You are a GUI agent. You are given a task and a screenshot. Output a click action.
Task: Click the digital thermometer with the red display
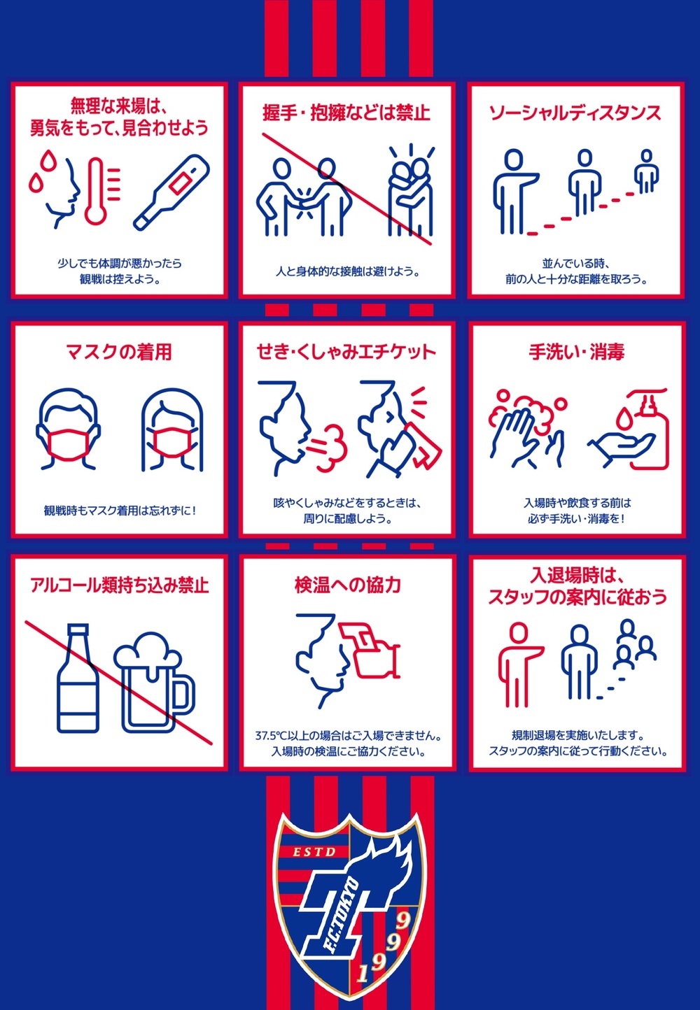[x=171, y=193]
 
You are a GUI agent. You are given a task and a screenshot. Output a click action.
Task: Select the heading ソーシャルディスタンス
[x=575, y=113]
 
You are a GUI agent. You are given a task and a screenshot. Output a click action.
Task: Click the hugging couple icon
[x=411, y=191]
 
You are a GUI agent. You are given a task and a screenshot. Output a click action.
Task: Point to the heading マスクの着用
[x=119, y=352]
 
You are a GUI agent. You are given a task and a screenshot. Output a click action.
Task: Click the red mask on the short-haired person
[x=68, y=444]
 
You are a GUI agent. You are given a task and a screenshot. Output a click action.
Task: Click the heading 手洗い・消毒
[x=576, y=352]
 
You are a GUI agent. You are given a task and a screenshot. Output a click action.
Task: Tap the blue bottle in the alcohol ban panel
[x=77, y=678]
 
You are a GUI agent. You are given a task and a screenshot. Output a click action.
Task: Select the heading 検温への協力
[x=347, y=585]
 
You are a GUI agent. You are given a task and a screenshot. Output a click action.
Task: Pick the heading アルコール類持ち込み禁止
[x=120, y=585]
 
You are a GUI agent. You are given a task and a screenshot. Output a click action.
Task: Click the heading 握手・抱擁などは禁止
[x=346, y=113]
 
